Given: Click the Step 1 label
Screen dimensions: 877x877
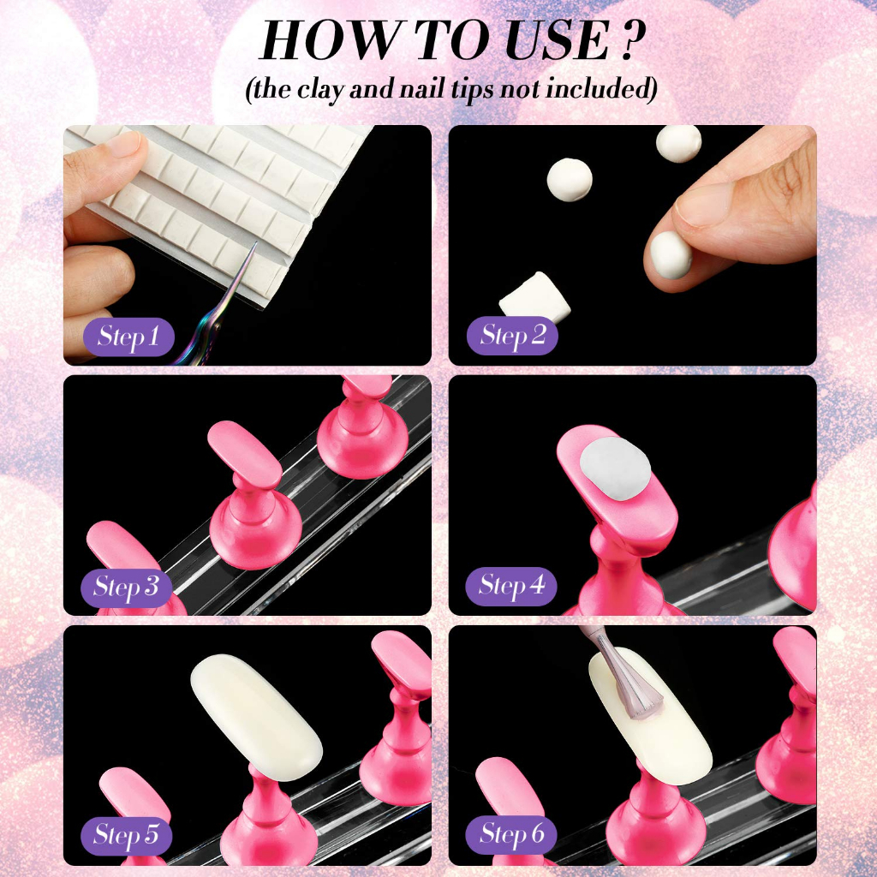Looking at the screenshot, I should point(128,336).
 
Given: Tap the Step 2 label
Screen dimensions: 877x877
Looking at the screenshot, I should point(512,335).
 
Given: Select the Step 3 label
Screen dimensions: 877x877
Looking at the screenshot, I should point(127,587).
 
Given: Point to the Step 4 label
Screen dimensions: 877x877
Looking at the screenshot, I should point(511,586).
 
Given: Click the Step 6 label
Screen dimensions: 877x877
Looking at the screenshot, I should point(511,834).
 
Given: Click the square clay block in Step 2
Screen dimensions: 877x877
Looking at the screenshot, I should point(526,298).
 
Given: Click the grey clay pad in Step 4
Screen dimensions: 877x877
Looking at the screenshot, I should point(615,468).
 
